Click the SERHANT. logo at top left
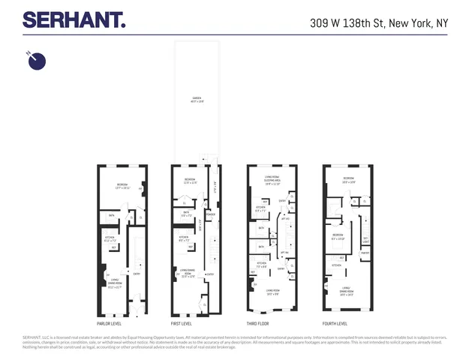click(74, 19)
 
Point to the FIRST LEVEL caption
click(182, 323)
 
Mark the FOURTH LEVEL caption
click(335, 323)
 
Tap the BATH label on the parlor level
click(111, 216)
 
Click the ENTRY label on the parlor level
click(137, 274)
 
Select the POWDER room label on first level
click(211, 214)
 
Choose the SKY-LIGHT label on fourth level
click(366, 239)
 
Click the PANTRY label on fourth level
click(365, 253)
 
